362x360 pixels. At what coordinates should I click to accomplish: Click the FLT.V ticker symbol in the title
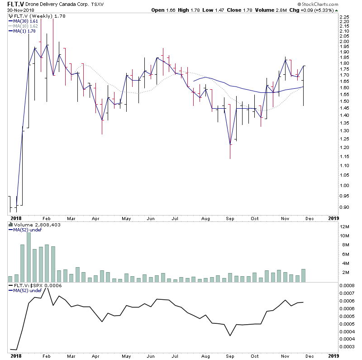point(15,5)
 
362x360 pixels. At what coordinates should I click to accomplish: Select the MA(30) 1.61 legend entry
point(24,21)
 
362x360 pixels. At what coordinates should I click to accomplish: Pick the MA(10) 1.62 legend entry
point(24,26)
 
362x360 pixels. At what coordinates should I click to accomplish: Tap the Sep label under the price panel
point(231,219)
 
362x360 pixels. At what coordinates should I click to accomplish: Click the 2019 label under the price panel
point(333,219)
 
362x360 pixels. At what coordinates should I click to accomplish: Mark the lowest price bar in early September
point(230,145)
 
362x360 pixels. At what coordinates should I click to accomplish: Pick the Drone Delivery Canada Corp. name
point(60,5)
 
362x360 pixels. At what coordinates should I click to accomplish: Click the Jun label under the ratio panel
point(150,357)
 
